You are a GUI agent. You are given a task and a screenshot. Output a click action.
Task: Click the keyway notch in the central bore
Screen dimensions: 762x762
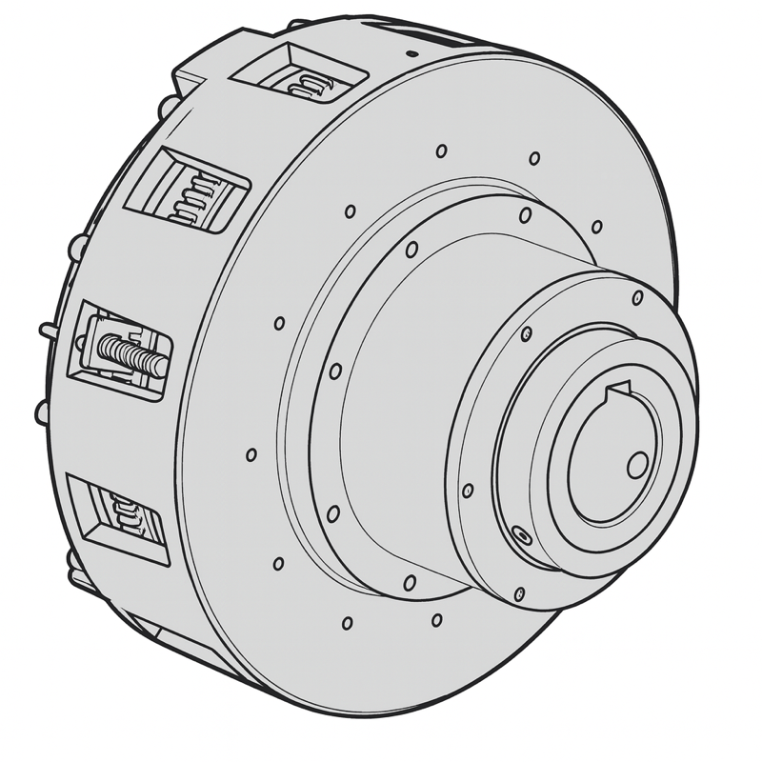pos(620,388)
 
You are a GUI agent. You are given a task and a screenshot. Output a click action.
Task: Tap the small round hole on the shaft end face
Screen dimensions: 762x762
pos(637,465)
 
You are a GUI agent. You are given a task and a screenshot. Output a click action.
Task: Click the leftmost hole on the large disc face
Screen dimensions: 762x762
pos(251,454)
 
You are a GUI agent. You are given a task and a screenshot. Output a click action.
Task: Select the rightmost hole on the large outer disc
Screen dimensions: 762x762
pos(596,226)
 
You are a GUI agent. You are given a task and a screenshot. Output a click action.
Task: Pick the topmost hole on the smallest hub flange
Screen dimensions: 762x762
pos(637,298)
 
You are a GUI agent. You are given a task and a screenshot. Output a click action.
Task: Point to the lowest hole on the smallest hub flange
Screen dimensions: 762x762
pos(519,594)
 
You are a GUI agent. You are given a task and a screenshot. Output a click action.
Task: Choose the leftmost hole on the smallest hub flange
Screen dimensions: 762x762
pos(467,491)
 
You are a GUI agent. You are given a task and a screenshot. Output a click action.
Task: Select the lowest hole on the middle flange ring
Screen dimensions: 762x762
pos(409,581)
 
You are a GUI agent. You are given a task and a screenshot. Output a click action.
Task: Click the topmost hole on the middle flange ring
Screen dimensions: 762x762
pos(525,215)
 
